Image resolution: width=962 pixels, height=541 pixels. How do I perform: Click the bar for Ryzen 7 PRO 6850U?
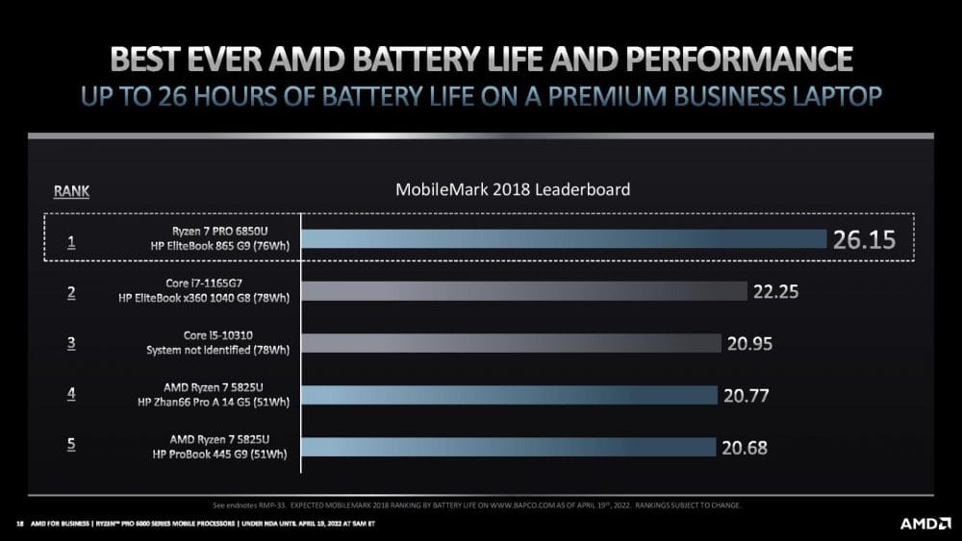[565, 239]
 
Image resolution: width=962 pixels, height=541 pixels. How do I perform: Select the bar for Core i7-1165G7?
[524, 291]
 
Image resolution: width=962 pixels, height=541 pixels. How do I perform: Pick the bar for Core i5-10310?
[512, 343]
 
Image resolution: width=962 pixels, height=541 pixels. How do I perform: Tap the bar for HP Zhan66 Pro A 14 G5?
[510, 395]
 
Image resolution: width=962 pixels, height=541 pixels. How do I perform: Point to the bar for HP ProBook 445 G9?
[509, 447]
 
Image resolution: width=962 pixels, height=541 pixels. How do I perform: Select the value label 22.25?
[776, 291]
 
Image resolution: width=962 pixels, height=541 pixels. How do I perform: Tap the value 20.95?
[750, 343]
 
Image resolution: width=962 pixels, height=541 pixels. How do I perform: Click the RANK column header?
[71, 191]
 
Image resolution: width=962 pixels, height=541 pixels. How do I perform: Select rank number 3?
[71, 344]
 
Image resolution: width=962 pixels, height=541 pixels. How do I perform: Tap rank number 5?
[71, 448]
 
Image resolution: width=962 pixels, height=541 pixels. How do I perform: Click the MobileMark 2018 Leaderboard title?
[513, 189]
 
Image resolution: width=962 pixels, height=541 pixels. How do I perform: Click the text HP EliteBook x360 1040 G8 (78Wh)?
[206, 300]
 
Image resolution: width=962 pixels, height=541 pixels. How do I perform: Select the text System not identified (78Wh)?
[219, 352]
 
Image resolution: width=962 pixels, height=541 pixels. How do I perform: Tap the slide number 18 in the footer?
[19, 524]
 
